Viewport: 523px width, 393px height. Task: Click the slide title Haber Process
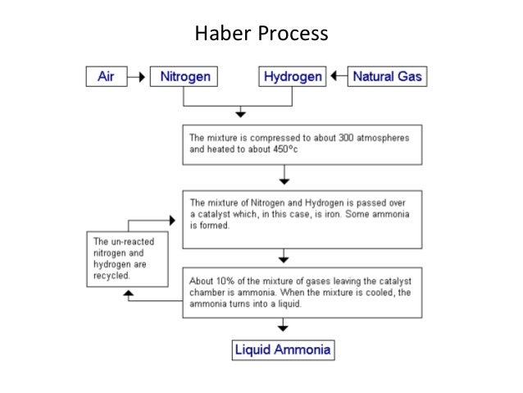click(261, 35)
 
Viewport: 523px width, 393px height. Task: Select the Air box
click(107, 77)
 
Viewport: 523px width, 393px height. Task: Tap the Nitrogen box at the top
click(184, 77)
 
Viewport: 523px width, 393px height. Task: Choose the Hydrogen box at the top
click(293, 77)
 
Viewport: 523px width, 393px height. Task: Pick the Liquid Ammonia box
click(283, 350)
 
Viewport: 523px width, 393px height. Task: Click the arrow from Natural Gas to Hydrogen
click(338, 77)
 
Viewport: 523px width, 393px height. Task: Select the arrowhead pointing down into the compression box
click(240, 112)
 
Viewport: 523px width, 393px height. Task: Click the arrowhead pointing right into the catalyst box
click(172, 220)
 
